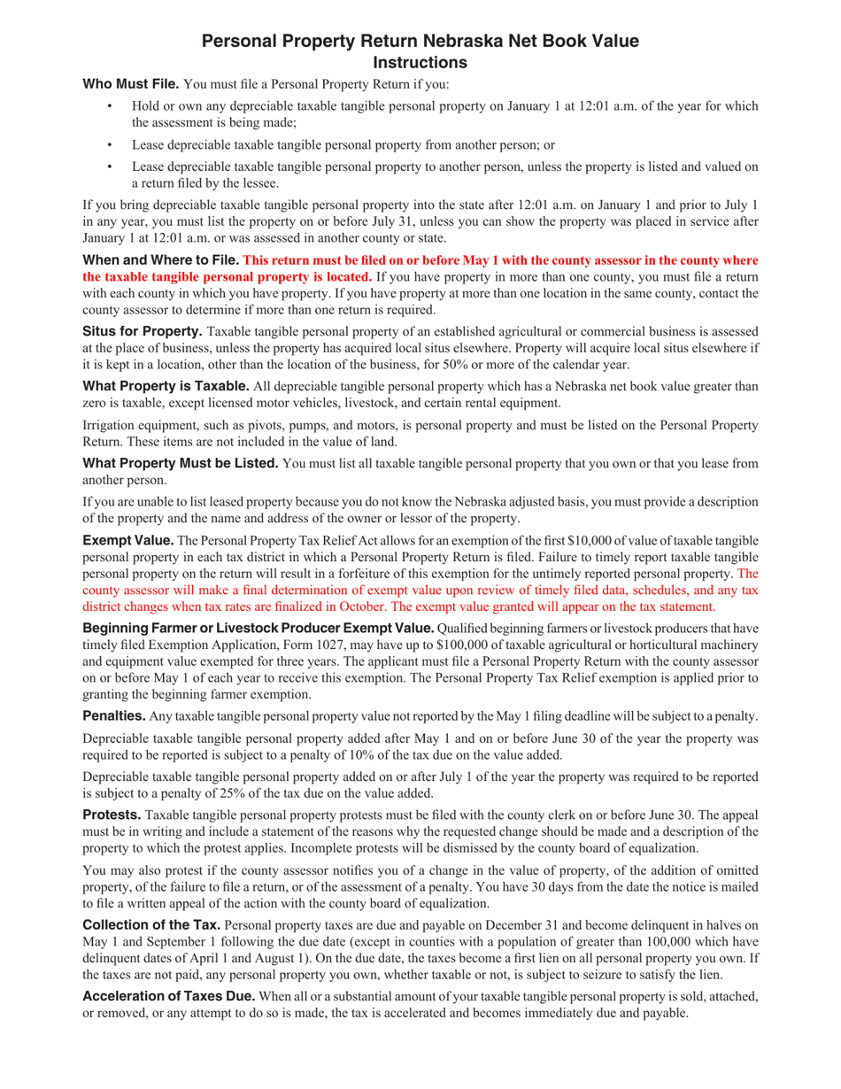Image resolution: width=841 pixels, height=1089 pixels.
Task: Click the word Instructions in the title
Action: coord(420,62)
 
